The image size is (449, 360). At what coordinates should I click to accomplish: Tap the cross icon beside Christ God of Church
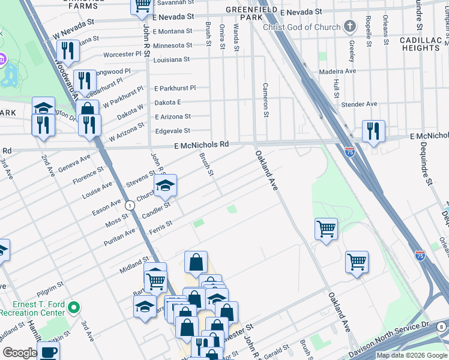(349, 27)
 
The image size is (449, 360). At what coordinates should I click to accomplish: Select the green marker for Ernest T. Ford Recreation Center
(74, 308)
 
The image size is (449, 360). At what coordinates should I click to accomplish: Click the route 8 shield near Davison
(441, 327)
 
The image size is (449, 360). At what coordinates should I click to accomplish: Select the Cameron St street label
(264, 100)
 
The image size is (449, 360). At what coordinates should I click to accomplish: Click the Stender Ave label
(359, 104)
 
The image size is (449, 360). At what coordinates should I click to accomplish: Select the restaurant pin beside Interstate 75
(373, 131)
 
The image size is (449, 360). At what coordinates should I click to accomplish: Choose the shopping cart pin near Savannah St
(142, 6)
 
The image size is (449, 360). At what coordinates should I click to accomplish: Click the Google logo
(20, 353)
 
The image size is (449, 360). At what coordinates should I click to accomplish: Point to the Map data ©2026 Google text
(412, 355)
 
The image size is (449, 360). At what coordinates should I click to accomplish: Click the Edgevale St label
(173, 130)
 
